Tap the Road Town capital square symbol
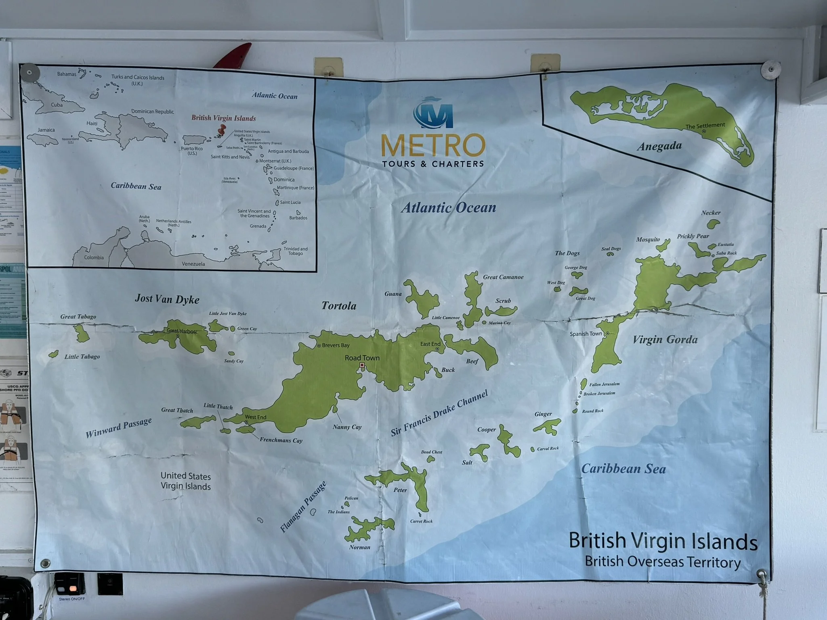click(x=362, y=365)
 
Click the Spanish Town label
click(x=586, y=334)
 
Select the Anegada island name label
click(x=659, y=146)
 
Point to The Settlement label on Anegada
click(x=705, y=126)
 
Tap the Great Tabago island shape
click(x=82, y=333)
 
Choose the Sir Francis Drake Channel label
click(x=439, y=413)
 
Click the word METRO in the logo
click(x=432, y=146)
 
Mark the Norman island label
click(x=359, y=547)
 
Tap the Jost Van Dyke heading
click(x=167, y=299)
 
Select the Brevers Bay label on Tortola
click(x=336, y=346)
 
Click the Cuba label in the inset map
click(x=57, y=105)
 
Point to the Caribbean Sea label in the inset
click(x=136, y=186)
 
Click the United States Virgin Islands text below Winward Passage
click(x=186, y=481)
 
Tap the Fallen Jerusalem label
click(x=604, y=385)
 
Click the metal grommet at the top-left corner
click(x=30, y=73)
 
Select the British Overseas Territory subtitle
click(x=663, y=562)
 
